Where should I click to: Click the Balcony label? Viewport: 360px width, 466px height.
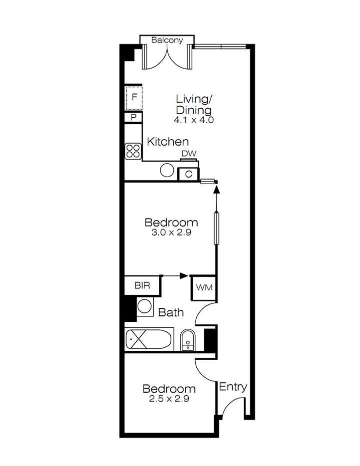click(x=167, y=40)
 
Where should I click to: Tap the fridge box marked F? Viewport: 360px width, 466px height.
click(x=134, y=98)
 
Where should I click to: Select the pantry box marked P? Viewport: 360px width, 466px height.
click(x=133, y=117)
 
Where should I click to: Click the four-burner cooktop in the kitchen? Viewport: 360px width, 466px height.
click(x=133, y=151)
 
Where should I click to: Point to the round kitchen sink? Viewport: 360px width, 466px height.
click(x=167, y=170)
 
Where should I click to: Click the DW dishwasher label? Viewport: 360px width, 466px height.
click(x=189, y=154)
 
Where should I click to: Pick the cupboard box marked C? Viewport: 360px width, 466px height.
click(x=188, y=174)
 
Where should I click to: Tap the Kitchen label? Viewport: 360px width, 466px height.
click(x=168, y=142)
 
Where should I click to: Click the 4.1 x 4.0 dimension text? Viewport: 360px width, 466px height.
click(x=194, y=120)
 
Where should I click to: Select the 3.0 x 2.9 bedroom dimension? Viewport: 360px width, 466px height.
click(x=171, y=233)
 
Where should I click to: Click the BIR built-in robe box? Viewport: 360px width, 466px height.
click(x=142, y=285)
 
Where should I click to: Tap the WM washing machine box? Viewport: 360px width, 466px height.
click(x=204, y=287)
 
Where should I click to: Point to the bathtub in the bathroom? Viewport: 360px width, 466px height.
click(x=149, y=340)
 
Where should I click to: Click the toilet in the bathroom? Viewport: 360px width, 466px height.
click(x=187, y=341)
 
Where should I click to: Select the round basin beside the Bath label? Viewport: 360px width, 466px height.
click(x=145, y=306)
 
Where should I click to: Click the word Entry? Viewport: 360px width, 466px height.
click(x=233, y=387)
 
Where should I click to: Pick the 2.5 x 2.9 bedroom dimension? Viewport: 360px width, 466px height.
click(x=169, y=399)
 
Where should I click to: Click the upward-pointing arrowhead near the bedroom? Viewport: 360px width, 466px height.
click(x=217, y=190)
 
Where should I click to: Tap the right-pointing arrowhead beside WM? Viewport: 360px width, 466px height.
click(x=184, y=276)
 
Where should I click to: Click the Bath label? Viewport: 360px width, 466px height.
click(x=171, y=312)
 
